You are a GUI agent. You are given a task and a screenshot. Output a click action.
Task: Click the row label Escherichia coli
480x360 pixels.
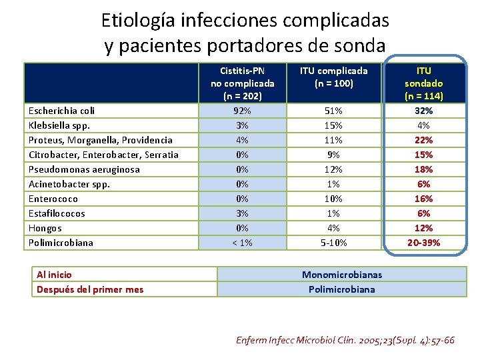(61, 111)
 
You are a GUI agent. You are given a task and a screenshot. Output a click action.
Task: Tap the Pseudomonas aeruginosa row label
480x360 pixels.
(84, 169)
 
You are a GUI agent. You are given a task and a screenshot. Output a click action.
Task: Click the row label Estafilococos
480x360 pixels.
(57, 213)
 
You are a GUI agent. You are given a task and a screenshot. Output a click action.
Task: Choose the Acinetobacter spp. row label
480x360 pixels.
(69, 184)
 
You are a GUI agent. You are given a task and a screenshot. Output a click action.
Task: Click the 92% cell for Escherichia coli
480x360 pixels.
(242, 111)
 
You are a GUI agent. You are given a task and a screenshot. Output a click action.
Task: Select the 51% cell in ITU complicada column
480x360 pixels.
(333, 111)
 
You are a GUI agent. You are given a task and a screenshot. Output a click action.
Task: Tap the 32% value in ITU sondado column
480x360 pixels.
(423, 111)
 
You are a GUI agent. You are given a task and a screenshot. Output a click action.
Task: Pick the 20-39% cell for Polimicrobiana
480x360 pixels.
(423, 243)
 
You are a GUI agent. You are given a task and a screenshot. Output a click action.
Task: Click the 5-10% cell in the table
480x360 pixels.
(333, 243)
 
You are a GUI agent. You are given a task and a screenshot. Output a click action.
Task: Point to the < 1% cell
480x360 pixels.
(242, 243)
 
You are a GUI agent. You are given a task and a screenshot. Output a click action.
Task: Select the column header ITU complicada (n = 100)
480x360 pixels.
(333, 77)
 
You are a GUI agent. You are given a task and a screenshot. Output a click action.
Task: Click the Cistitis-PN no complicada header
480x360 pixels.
(242, 83)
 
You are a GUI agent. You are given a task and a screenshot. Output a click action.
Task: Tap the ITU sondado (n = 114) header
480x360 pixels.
(423, 83)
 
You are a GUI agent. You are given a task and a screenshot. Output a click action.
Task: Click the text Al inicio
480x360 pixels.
(55, 275)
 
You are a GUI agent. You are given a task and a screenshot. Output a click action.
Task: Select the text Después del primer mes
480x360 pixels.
(89, 289)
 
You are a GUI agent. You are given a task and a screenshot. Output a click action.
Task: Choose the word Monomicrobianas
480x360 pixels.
(342, 275)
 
